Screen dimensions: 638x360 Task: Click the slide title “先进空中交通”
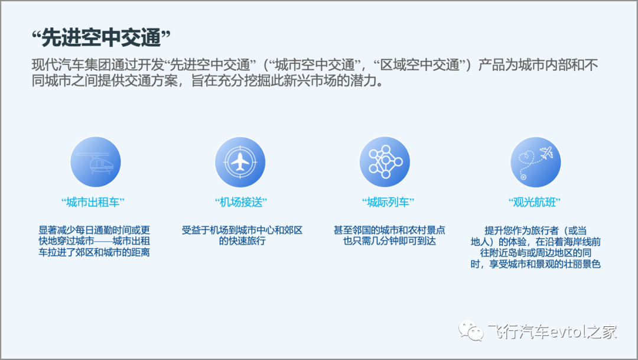pyautogui.click(x=101, y=38)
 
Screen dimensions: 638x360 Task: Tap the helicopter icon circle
pyautogui.click(x=96, y=161)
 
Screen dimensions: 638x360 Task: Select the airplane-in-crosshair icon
pyautogui.click(x=240, y=161)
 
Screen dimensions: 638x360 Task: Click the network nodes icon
pyautogui.click(x=385, y=161)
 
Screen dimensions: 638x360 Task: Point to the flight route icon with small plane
pyautogui.click(x=535, y=161)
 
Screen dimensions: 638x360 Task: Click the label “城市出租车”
pyautogui.click(x=93, y=202)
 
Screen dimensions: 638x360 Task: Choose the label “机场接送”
pyautogui.click(x=241, y=202)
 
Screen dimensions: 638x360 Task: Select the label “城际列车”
pyautogui.click(x=388, y=202)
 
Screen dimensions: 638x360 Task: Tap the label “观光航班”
pyautogui.click(x=534, y=202)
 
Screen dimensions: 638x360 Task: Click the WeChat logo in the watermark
pyautogui.click(x=471, y=330)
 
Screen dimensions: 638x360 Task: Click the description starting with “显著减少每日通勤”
pyautogui.click(x=94, y=241)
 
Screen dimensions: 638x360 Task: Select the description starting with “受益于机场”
pyautogui.click(x=242, y=235)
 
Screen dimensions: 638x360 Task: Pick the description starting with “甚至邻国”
pyautogui.click(x=389, y=235)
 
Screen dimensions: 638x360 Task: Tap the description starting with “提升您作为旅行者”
pyautogui.click(x=535, y=247)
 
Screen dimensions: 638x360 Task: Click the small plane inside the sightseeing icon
pyautogui.click(x=546, y=153)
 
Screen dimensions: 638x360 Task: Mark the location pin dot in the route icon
pyautogui.click(x=523, y=177)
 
